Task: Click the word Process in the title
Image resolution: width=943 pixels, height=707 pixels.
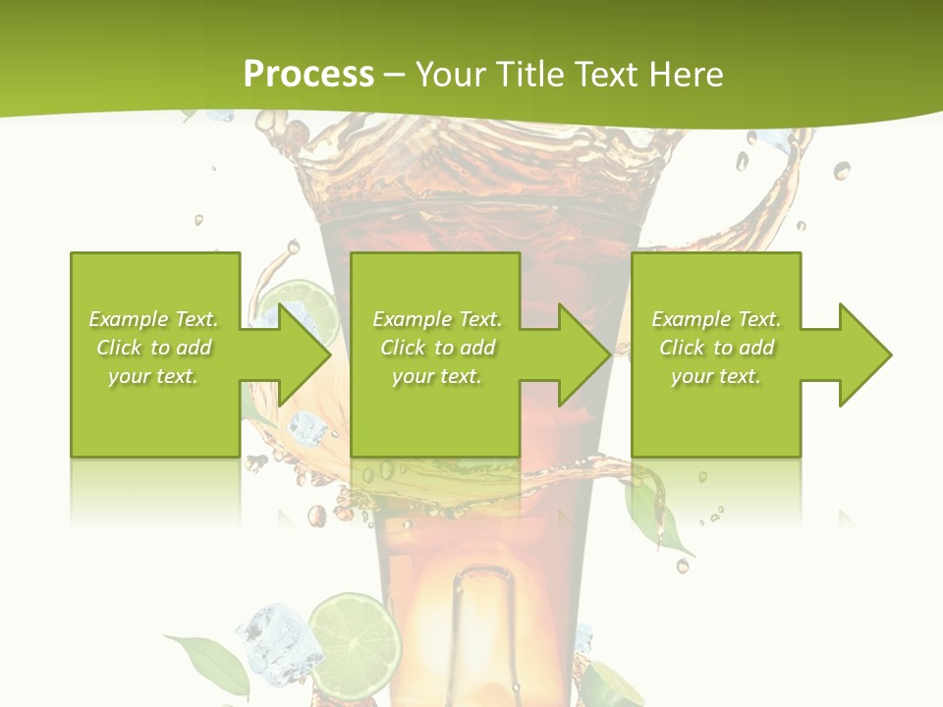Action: click(308, 74)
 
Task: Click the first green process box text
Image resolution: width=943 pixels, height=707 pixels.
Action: click(154, 348)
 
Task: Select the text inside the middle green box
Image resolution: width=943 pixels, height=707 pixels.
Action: click(437, 348)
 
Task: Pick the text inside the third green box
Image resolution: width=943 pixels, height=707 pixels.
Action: click(716, 348)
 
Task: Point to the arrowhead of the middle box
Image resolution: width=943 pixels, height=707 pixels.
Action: click(583, 354)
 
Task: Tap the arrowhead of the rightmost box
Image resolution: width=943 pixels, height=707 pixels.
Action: click(864, 354)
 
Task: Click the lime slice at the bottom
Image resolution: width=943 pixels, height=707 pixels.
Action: click(354, 638)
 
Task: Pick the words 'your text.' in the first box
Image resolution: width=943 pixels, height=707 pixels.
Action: click(154, 376)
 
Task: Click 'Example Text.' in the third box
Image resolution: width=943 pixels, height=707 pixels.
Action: click(716, 319)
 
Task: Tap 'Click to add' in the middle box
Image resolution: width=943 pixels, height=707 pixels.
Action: click(437, 348)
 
